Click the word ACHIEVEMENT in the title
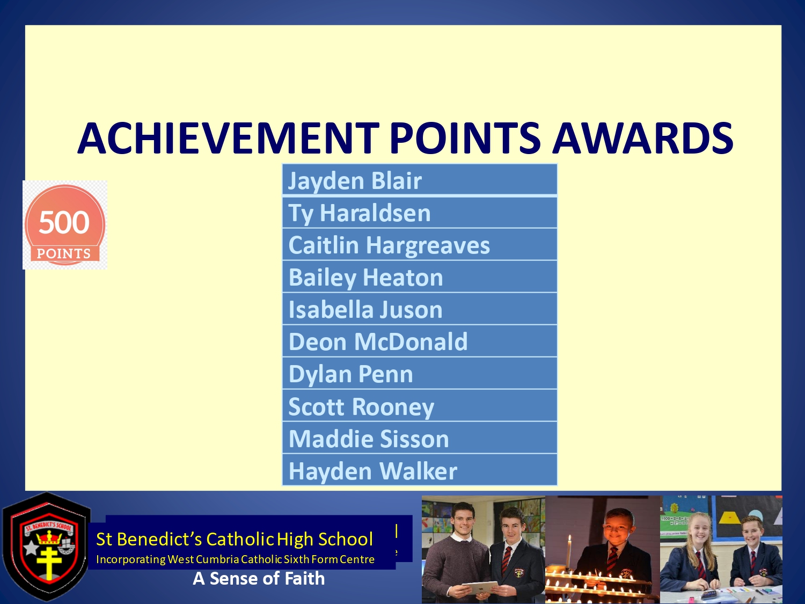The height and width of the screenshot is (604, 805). (228, 138)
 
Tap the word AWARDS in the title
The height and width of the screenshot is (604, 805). (642, 138)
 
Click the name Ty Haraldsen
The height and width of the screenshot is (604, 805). (360, 213)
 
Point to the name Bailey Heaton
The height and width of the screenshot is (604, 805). (365, 278)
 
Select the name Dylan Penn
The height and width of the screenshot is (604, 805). (350, 374)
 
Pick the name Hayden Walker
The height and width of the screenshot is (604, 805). (372, 471)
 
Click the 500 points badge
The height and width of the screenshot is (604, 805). (65, 225)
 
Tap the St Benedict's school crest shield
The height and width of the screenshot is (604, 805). (47, 547)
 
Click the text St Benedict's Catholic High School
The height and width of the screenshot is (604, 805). (235, 539)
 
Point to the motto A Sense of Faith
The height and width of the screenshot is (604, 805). (259, 579)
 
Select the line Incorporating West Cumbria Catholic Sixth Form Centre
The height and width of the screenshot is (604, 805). (235, 559)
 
